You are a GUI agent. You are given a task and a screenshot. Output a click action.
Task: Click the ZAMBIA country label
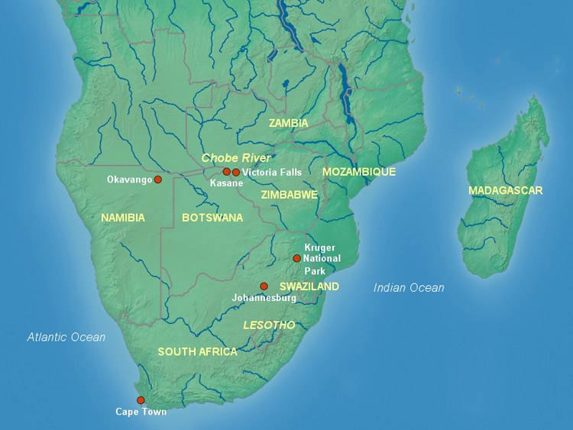(288, 123)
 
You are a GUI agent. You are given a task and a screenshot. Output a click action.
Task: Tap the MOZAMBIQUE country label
(358, 172)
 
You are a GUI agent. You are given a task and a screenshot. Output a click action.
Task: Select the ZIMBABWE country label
(289, 195)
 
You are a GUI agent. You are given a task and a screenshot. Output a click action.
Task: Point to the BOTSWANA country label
(212, 218)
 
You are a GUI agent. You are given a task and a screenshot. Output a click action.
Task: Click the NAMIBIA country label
(122, 218)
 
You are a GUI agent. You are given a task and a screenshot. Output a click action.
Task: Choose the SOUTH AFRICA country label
(197, 352)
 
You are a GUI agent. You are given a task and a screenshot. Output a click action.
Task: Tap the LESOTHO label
(269, 325)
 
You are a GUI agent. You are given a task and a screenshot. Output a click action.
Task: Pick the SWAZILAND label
(309, 286)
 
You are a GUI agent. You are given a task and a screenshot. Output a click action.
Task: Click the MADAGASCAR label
(506, 190)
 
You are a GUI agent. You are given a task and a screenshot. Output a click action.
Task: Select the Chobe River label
(236, 157)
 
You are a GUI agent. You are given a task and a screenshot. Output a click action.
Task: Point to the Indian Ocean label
(409, 288)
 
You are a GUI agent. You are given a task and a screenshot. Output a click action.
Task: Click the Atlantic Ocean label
(66, 337)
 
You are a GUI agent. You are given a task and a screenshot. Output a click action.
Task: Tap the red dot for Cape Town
(141, 400)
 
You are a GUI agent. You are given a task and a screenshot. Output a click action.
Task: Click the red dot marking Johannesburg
(264, 286)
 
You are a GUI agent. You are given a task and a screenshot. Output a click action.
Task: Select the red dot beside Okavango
(158, 179)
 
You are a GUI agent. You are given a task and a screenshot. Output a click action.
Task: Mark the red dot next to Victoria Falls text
(236, 172)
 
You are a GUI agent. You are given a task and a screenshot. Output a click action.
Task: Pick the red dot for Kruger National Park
(296, 258)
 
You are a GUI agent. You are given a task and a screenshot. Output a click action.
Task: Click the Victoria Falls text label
(271, 173)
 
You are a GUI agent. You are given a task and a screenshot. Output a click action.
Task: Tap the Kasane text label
(226, 183)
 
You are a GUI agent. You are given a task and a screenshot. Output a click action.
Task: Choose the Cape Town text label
(141, 412)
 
